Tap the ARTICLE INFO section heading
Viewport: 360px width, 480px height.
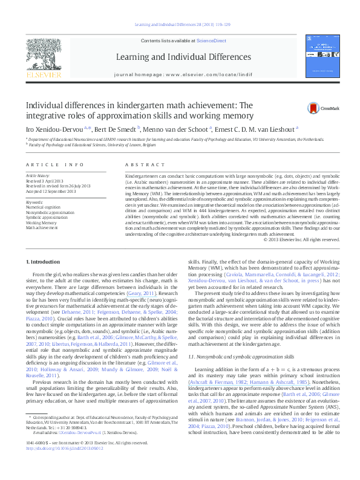(54, 164)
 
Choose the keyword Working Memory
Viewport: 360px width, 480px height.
(41, 222)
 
